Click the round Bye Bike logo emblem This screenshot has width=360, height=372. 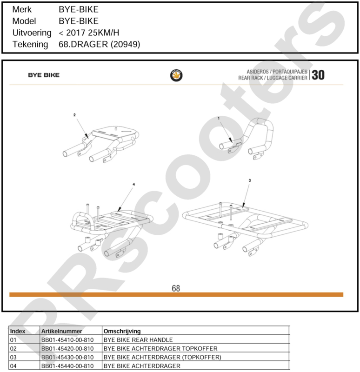(x=176, y=75)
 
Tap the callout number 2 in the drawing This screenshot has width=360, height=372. (x=74, y=115)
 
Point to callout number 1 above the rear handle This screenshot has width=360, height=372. (x=219, y=118)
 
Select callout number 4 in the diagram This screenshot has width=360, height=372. (x=133, y=184)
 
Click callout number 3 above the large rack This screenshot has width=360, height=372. (x=250, y=180)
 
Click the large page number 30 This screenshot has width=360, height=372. (x=318, y=75)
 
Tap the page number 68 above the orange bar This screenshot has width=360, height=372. (x=176, y=288)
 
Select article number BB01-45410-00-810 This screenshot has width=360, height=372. (x=67, y=340)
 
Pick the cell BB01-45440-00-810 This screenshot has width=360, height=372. (x=67, y=366)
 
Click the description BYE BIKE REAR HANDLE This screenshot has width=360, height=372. (x=138, y=340)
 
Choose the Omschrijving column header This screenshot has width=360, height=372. (x=122, y=331)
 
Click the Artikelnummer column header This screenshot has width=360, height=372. (x=62, y=331)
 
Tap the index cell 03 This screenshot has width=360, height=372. (x=13, y=357)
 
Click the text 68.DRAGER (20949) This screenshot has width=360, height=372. (x=100, y=44)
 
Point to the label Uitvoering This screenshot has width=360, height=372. (x=32, y=33)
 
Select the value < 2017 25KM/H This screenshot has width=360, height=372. (x=89, y=33)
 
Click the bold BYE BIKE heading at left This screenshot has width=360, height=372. (x=44, y=75)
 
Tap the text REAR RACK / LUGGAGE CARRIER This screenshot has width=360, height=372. (x=273, y=78)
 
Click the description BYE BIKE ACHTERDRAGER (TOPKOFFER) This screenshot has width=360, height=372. (x=162, y=357)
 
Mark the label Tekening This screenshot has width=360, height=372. (x=30, y=44)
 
